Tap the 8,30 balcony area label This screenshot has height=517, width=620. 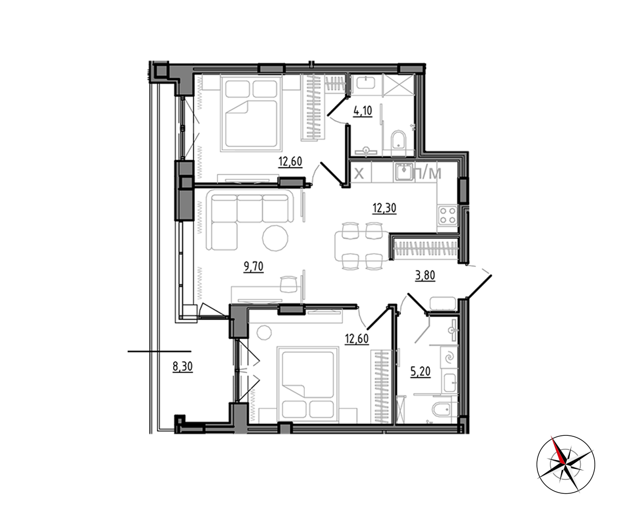[182, 367]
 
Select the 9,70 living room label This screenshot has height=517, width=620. [254, 267]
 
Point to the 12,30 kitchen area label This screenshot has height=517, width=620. [384, 208]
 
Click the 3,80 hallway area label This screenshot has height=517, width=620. [425, 276]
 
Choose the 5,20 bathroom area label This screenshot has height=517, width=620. [421, 371]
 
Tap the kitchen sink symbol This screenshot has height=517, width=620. [403, 172]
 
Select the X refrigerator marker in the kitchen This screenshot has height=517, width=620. [359, 173]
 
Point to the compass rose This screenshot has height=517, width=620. [566, 464]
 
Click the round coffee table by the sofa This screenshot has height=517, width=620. [275, 238]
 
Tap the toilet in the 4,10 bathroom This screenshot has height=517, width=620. [398, 144]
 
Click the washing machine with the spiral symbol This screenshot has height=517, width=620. [450, 357]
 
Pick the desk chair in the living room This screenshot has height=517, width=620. [289, 284]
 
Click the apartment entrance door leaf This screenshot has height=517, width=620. [478, 287]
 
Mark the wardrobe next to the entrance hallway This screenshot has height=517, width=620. [425, 248]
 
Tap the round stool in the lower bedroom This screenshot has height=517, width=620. [264, 332]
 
